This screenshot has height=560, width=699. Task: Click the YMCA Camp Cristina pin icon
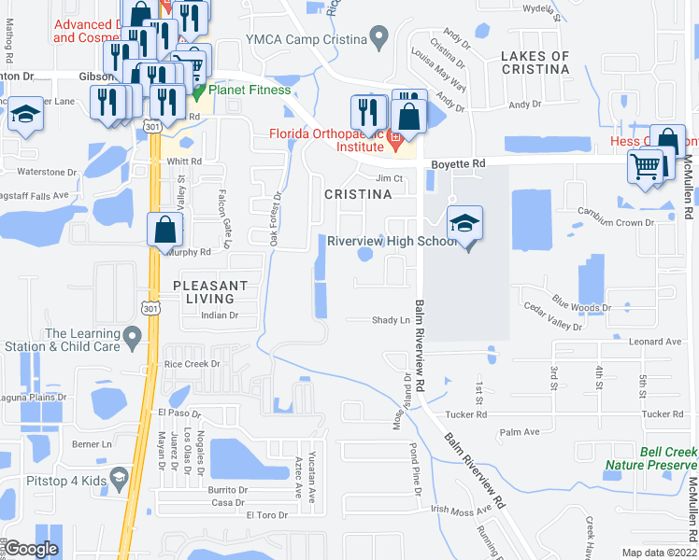coord(378,38)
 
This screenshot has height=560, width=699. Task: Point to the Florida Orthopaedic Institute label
coord(327,140)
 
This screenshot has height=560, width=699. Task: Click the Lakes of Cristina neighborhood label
coord(535,63)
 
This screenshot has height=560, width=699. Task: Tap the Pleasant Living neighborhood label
coord(209,291)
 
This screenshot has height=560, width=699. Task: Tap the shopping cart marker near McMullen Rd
coord(647,168)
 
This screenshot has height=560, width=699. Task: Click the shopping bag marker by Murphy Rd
coord(164,230)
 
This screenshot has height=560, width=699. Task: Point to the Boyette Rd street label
coord(459,163)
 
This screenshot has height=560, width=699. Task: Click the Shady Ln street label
coord(392,320)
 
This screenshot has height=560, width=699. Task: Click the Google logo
coord(32,549)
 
